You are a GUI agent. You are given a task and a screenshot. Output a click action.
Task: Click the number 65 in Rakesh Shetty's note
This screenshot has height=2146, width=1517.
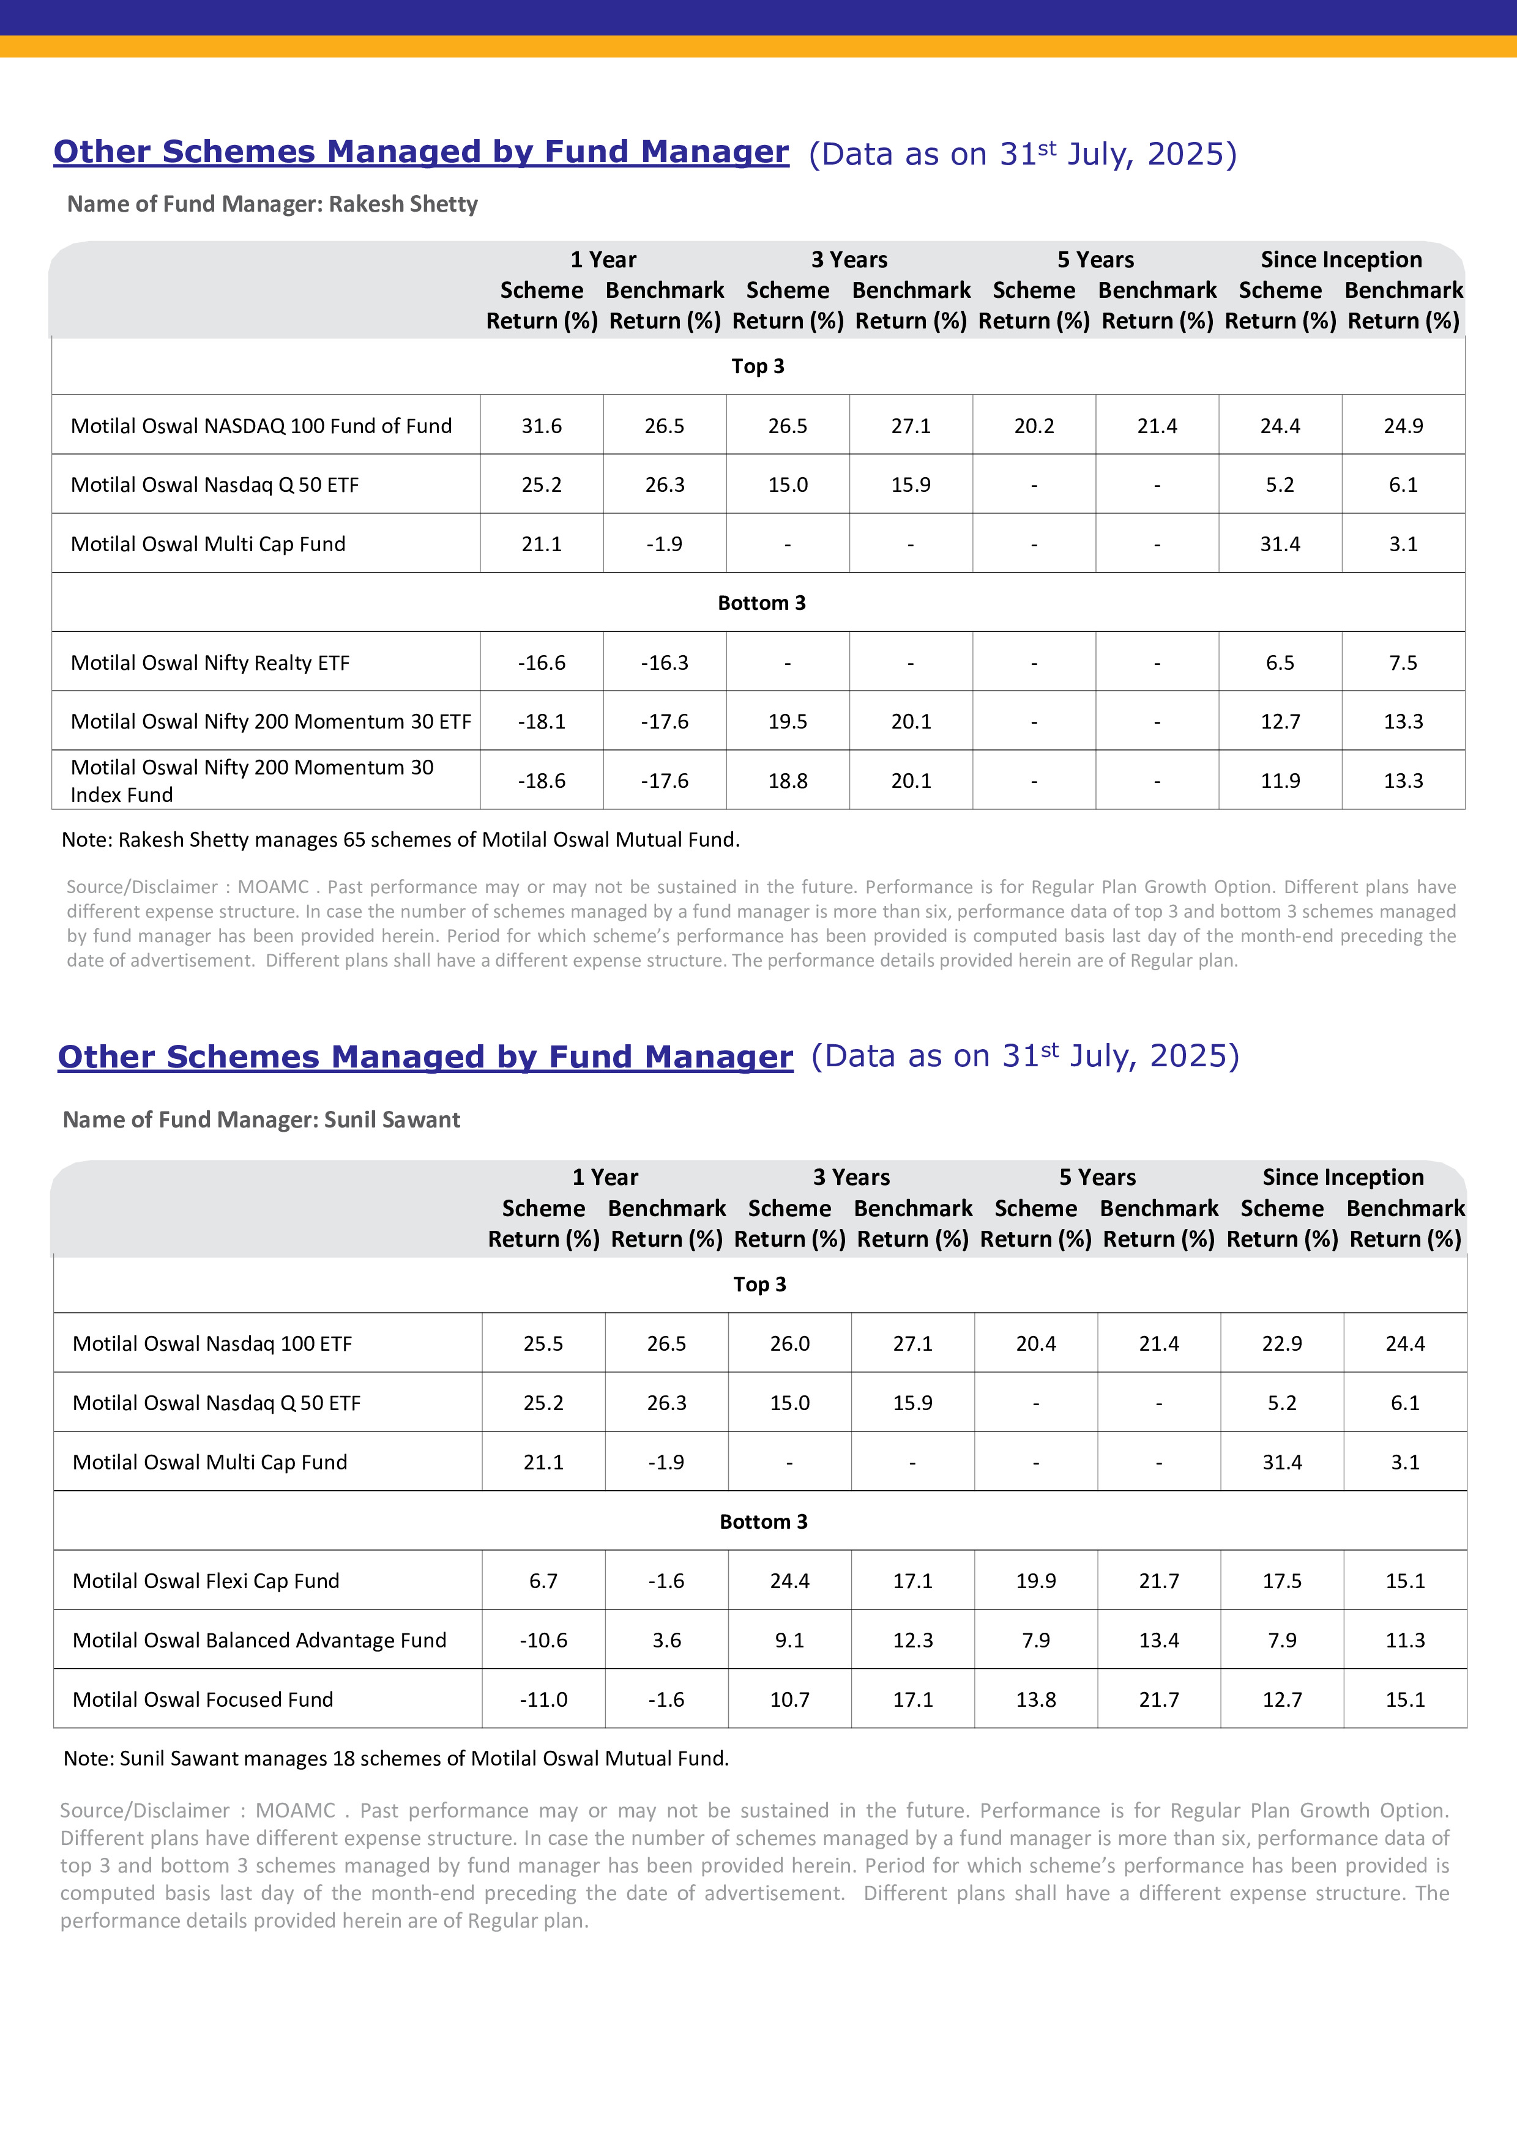tap(353, 839)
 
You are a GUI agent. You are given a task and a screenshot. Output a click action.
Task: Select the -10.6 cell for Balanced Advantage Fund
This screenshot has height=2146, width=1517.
tap(543, 1640)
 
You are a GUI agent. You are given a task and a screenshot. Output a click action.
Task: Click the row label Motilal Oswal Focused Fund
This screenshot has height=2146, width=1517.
tap(203, 1699)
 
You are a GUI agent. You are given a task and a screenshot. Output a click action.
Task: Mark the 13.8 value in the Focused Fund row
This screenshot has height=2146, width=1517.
tap(1035, 1699)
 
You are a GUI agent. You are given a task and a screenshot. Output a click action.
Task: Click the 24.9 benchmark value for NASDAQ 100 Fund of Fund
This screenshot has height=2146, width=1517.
tap(1403, 426)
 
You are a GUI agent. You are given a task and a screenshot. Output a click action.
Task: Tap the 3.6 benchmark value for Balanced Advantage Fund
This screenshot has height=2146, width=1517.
tap(666, 1640)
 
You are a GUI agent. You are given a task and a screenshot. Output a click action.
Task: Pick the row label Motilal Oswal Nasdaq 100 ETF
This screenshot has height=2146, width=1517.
tap(212, 1343)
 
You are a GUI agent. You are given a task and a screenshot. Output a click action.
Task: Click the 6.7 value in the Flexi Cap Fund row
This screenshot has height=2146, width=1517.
tap(543, 1581)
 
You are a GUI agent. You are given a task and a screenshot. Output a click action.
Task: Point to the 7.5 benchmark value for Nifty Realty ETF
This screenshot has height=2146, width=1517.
tap(1403, 663)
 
